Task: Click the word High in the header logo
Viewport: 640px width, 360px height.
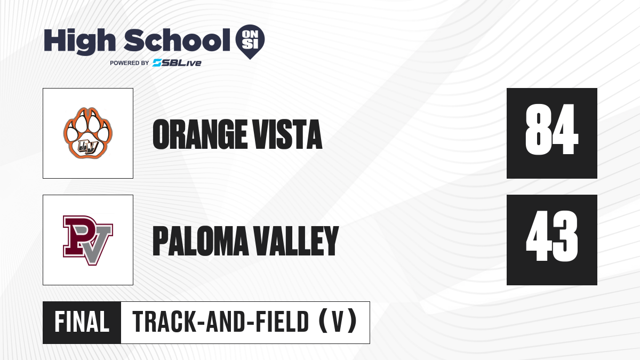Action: (80, 41)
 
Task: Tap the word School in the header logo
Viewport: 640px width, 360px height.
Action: (177, 40)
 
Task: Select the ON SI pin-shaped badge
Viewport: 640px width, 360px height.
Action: (250, 42)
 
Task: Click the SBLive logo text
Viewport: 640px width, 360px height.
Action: (177, 63)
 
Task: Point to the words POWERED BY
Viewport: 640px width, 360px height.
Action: (130, 63)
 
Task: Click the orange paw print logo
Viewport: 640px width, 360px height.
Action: (88, 133)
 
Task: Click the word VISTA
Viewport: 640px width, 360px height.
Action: (288, 134)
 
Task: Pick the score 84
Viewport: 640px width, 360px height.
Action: (551, 130)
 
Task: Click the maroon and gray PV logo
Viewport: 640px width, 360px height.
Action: (88, 241)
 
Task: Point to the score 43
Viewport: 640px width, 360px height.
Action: (552, 236)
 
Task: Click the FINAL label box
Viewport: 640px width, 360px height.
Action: (82, 323)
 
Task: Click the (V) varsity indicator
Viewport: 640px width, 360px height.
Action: (338, 322)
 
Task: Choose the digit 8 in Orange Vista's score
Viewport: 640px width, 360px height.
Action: (538, 130)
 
